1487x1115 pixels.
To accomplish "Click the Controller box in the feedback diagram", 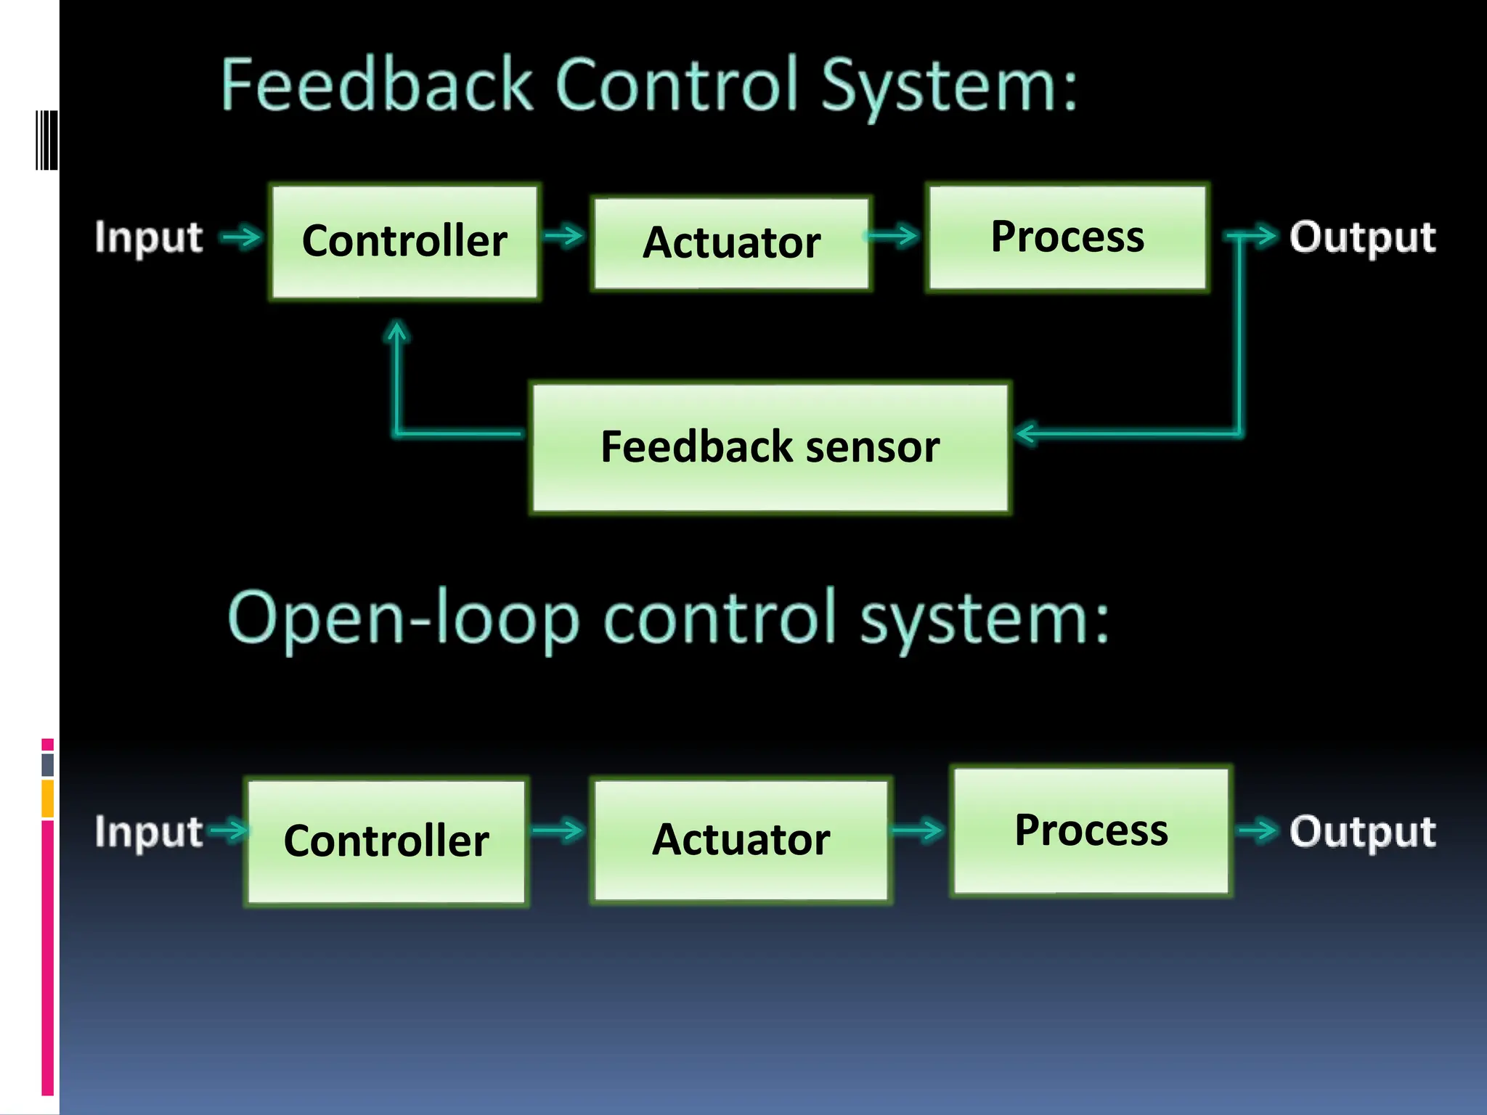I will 404,242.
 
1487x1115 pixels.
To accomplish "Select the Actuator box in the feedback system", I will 731,243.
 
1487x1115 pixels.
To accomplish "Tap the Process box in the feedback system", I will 1067,237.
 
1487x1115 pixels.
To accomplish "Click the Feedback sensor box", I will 770,447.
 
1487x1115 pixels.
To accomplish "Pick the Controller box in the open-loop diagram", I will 386,841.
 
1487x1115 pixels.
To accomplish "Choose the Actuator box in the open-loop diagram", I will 741,840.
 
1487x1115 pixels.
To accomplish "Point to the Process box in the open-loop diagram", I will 1091,830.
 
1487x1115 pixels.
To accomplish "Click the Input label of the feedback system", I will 149,237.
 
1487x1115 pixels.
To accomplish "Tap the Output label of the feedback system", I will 1362,237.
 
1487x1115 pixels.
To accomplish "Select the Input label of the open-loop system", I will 149,831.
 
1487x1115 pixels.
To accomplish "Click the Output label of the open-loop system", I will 1362,831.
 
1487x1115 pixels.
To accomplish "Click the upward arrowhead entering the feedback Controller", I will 396,332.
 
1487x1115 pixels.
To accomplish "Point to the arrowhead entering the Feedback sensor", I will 1025,433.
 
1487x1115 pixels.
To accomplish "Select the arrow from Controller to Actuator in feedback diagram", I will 564,235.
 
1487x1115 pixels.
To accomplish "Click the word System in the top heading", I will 949,86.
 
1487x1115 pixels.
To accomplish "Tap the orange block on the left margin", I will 47,798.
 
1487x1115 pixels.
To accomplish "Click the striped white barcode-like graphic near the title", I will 46,140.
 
